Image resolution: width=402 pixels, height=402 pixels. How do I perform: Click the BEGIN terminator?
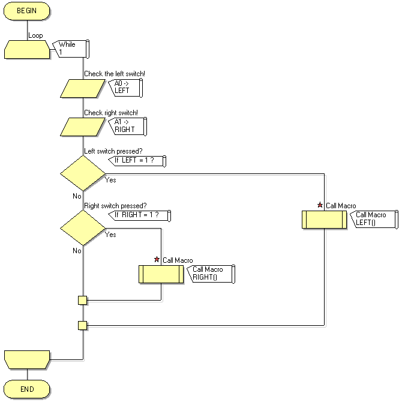click(x=27, y=11)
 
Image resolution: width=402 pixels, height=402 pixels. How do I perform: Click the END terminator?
click(x=27, y=389)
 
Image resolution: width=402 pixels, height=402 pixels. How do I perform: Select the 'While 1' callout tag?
click(x=71, y=49)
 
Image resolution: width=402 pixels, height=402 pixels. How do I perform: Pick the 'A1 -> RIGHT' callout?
click(x=127, y=125)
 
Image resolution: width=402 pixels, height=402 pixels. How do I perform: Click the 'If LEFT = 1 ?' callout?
click(x=136, y=161)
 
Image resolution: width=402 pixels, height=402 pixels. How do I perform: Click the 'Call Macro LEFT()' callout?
click(x=374, y=218)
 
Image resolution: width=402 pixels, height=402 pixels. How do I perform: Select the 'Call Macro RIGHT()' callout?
click(x=211, y=274)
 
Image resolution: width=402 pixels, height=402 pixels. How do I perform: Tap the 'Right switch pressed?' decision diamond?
click(x=83, y=228)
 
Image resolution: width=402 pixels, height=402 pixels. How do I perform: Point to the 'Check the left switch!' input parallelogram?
click(x=83, y=88)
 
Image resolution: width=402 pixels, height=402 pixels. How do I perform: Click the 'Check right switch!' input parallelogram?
click(x=83, y=127)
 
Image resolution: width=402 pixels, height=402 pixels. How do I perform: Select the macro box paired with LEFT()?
click(x=324, y=219)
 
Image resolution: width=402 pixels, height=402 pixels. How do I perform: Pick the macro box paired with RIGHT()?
click(x=161, y=274)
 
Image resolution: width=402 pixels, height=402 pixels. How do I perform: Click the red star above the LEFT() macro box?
click(x=320, y=205)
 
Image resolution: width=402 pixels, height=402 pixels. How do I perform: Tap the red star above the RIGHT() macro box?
click(x=157, y=259)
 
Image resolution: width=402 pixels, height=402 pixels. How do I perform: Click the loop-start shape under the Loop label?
click(x=27, y=49)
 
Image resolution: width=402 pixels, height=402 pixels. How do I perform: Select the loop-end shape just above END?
click(x=27, y=359)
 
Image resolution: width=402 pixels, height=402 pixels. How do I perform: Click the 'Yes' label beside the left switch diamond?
click(x=110, y=179)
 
